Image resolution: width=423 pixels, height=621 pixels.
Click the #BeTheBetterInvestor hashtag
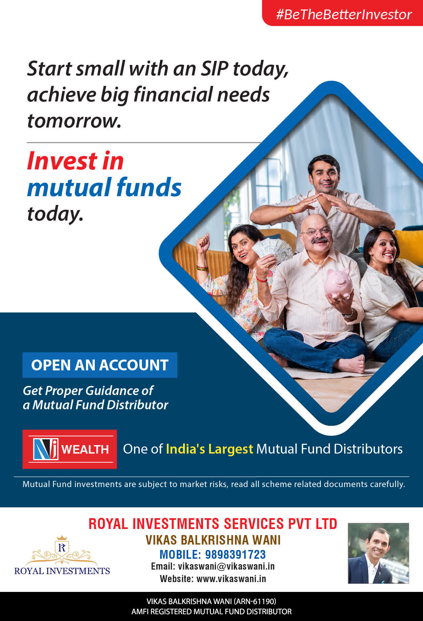click(x=344, y=15)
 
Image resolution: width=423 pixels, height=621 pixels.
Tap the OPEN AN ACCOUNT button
click(x=100, y=365)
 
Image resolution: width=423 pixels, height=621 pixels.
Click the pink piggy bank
click(x=338, y=283)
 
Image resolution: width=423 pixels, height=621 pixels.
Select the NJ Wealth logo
click(x=70, y=449)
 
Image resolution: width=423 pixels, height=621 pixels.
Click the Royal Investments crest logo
click(x=62, y=555)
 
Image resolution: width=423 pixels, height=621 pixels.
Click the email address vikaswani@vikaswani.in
click(x=226, y=567)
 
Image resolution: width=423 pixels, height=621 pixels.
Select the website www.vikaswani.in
click(x=231, y=579)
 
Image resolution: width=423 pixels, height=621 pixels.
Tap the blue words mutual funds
click(x=104, y=187)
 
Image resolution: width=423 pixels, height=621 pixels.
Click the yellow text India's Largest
click(x=209, y=449)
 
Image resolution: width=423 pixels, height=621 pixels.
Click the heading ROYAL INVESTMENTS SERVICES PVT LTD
click(x=213, y=524)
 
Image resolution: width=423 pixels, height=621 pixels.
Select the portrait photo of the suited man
click(x=378, y=553)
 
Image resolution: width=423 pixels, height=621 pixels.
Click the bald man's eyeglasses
click(x=316, y=232)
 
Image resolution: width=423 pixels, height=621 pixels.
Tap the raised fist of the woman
click(x=203, y=241)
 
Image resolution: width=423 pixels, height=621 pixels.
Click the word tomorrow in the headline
click(x=74, y=121)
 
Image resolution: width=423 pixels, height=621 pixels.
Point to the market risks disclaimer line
click(x=214, y=484)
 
